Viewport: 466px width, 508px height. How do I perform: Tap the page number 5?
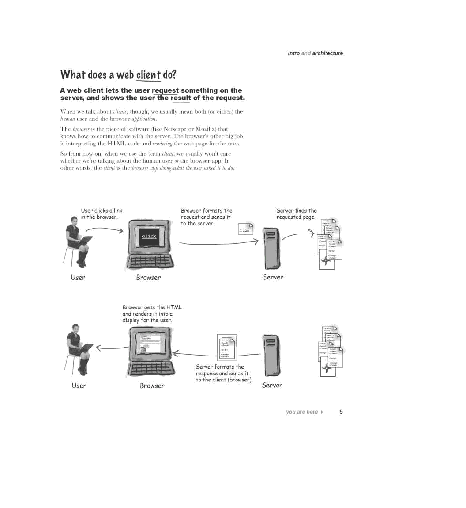(341, 411)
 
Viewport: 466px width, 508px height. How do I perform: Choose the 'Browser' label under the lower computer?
(152, 386)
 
